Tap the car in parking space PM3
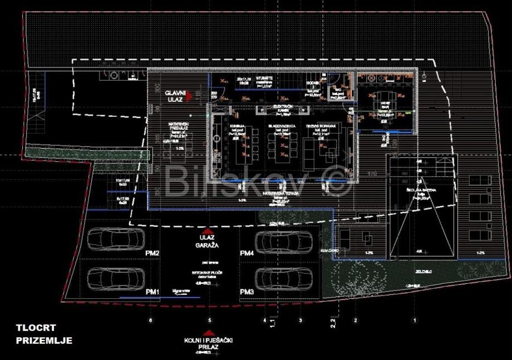[284, 278]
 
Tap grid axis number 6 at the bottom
[150, 321]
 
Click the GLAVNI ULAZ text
[170, 95]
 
